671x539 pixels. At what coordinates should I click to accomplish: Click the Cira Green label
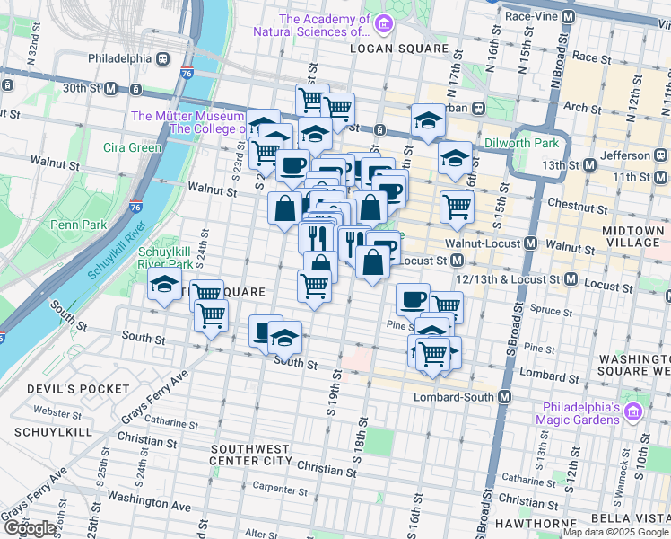[132, 147]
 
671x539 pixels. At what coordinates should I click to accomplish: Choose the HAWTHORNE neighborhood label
[536, 524]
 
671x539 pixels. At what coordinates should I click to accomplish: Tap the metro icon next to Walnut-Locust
[531, 243]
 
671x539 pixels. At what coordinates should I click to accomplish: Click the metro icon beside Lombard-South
[505, 397]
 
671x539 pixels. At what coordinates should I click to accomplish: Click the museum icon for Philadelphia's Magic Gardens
[634, 411]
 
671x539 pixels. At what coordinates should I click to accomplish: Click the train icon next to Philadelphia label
[163, 58]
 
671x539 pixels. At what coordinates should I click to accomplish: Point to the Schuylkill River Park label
[166, 258]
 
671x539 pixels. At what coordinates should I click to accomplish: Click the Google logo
[31, 528]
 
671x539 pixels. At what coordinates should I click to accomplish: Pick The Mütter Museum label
[187, 116]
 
